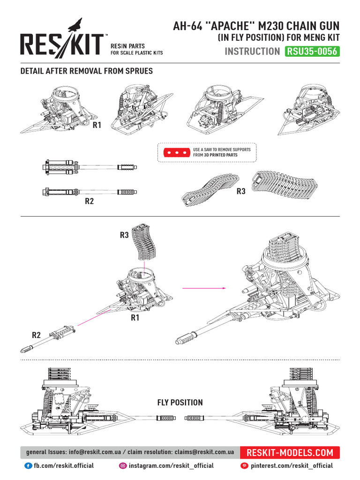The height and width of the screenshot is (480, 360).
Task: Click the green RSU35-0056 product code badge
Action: pos(312,51)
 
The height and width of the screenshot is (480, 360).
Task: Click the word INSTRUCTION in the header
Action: pos(252,51)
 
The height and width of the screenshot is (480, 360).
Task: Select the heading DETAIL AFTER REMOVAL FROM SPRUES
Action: pos(86,71)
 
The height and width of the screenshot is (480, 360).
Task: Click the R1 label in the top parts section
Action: pos(97,125)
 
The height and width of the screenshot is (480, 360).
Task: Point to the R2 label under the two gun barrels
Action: pos(90,201)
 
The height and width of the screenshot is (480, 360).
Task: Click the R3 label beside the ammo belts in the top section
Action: pos(241,191)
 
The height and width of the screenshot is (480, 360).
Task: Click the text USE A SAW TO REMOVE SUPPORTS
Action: pos(222,150)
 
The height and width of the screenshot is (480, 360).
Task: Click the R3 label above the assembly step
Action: pos(124,235)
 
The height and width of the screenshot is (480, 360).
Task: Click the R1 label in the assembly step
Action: pos(135,318)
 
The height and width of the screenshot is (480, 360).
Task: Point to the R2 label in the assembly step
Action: pos(37,335)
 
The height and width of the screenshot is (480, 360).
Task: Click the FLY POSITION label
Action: pos(180,402)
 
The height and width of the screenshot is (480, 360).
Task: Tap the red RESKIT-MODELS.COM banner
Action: pos(290,452)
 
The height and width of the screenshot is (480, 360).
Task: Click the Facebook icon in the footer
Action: pos(28,465)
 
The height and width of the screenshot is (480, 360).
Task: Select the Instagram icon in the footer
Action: pos(123,465)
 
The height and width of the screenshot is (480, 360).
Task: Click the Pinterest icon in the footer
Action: pos(244,465)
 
